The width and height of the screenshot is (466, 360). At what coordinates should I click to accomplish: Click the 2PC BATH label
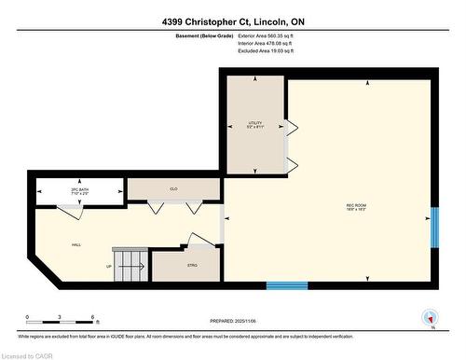78,191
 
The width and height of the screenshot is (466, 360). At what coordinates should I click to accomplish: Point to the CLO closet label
173,187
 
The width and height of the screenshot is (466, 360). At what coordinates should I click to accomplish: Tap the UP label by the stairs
109,266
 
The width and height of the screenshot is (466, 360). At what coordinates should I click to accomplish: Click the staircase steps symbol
130,263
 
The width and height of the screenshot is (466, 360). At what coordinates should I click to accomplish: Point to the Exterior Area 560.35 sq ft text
265,35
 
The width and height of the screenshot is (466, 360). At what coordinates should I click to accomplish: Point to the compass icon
431,317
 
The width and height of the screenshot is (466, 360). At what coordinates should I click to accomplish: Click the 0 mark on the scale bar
27,317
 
